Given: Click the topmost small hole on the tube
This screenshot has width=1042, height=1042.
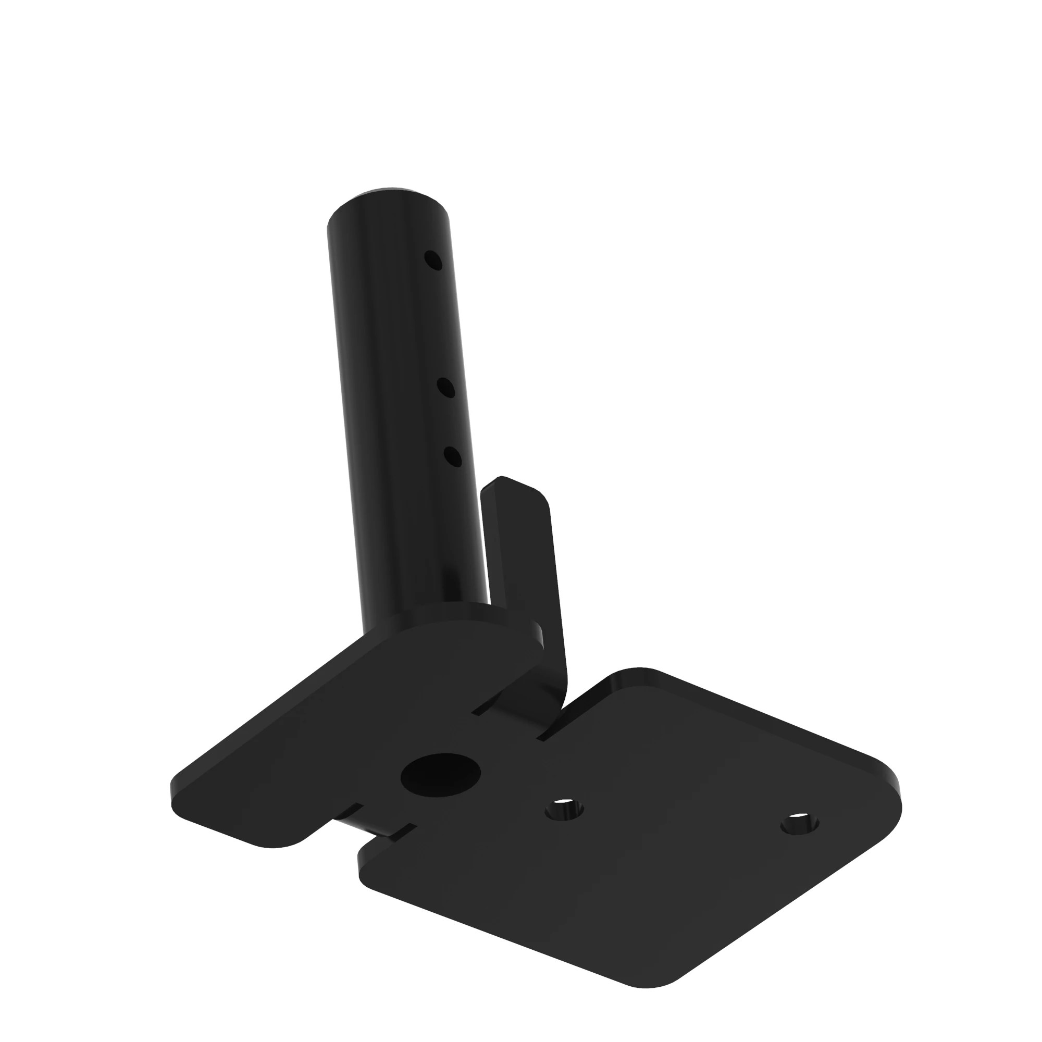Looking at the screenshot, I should tap(433, 260).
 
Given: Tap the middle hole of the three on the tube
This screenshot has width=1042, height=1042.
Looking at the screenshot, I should tap(446, 388).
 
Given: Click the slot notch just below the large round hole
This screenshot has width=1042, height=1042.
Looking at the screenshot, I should tap(402, 833).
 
